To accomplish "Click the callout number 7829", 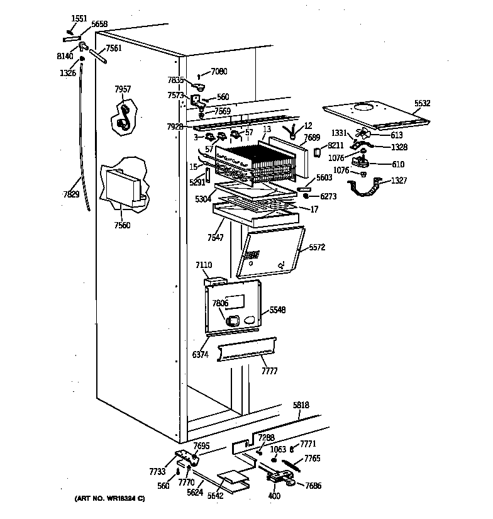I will (x=71, y=194).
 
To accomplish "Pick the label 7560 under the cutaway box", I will (x=123, y=225).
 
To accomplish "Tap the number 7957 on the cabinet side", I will (x=123, y=89).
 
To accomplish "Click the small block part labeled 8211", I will (x=316, y=152).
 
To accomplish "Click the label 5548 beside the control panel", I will (x=277, y=310).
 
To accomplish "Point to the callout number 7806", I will (x=220, y=303).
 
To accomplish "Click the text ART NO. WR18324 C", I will (x=111, y=499).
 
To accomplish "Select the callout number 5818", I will (x=301, y=406).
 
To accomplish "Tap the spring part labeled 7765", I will (x=291, y=466).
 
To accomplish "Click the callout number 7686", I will (x=313, y=486).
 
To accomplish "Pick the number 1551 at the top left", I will (x=79, y=19).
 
